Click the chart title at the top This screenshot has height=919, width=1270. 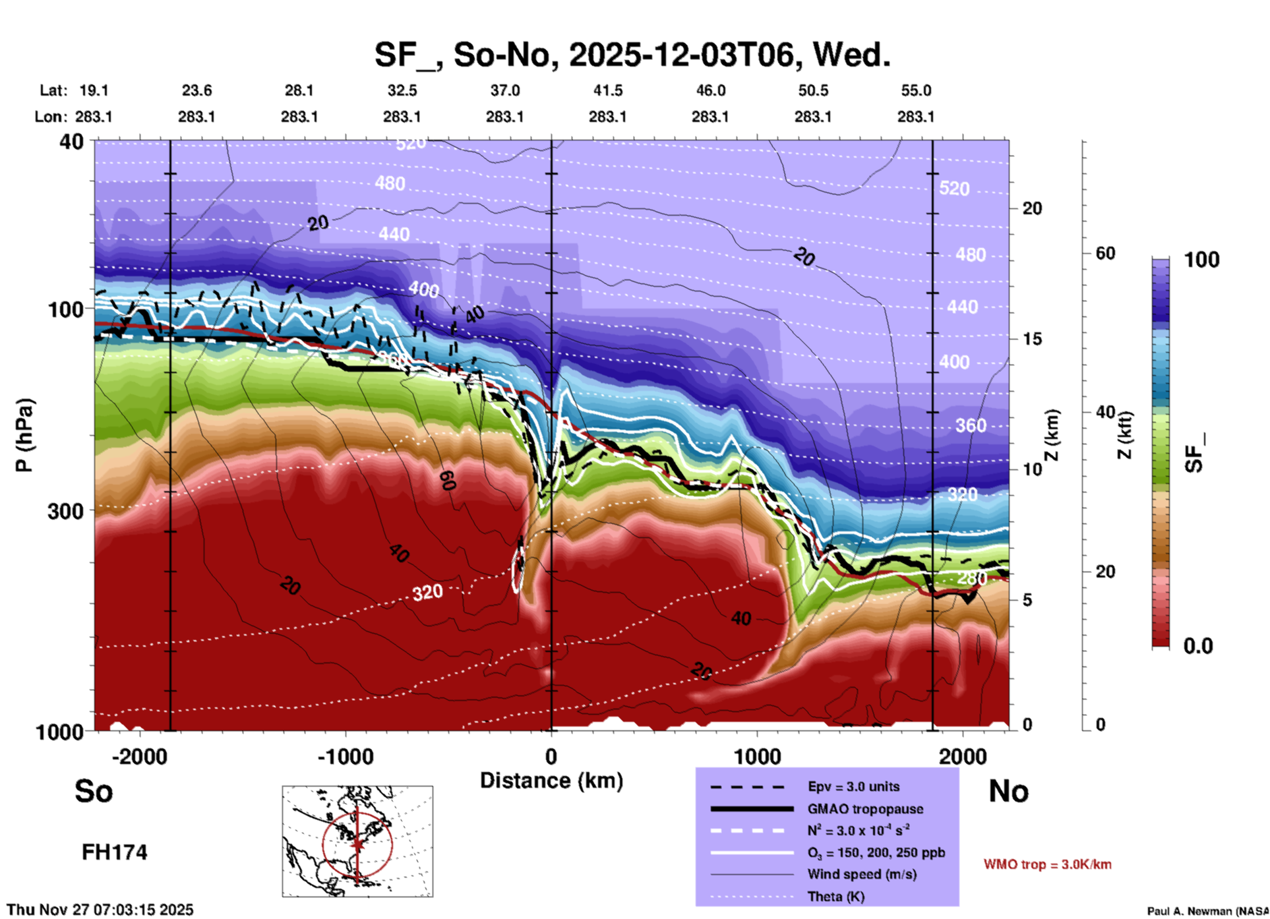pos(632,55)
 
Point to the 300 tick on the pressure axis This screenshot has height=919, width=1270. pos(65,511)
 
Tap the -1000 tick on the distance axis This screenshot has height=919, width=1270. pos(346,757)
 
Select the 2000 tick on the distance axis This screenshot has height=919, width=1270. pos(963,757)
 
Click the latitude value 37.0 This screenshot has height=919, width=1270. pos(504,90)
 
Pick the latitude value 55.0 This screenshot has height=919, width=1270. pos(916,90)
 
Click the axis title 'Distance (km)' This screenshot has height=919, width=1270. pos(551,781)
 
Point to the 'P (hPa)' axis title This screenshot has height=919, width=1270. pos(24,435)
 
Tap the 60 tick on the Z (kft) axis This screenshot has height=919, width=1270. pos(1105,253)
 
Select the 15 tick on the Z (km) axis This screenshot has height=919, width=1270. pos(1032,339)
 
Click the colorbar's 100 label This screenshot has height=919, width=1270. pos(1201,260)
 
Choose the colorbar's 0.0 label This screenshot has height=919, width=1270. pos(1197,646)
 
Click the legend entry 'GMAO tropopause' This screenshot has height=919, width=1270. pos(865,809)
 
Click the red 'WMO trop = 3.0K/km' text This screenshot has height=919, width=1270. pos(1047,864)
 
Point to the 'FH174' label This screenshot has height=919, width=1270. pos(114,852)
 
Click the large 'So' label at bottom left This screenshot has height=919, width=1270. pos(94,791)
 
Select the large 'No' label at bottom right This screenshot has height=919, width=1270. pos(1008,791)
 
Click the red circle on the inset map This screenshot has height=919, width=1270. pos(323,845)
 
